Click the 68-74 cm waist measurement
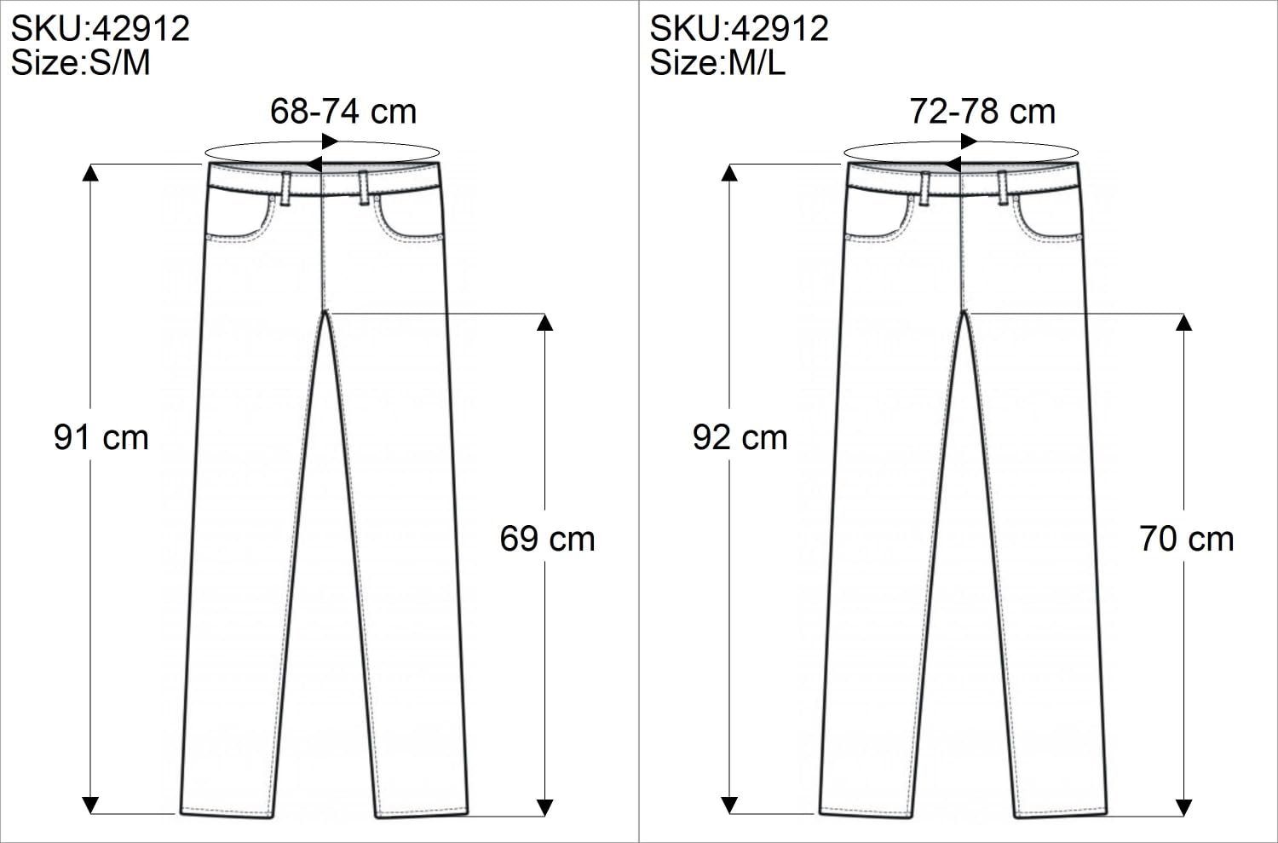point(343,112)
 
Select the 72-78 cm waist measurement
point(982,112)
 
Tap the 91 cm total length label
point(101,438)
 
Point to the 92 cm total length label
point(740,438)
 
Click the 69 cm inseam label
point(547,539)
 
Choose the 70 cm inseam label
point(1187,539)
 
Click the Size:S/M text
point(80,63)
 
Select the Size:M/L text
point(717,63)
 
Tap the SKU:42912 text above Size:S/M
point(100,28)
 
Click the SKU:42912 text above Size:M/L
point(739,28)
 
